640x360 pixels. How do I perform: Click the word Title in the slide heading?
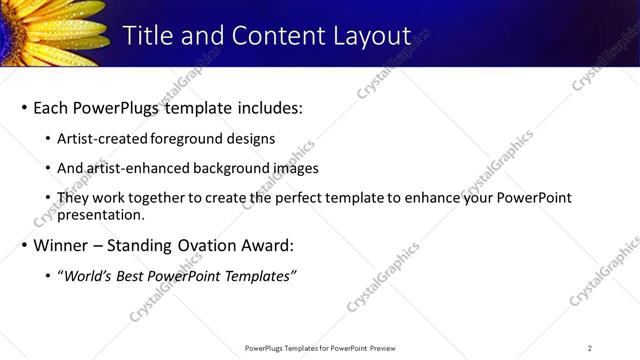pyautogui.click(x=148, y=35)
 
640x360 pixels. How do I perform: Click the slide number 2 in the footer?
pyautogui.click(x=590, y=348)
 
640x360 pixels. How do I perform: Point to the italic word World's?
pyautogui.click(x=88, y=276)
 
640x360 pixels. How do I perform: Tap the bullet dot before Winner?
pyautogui.click(x=24, y=245)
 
